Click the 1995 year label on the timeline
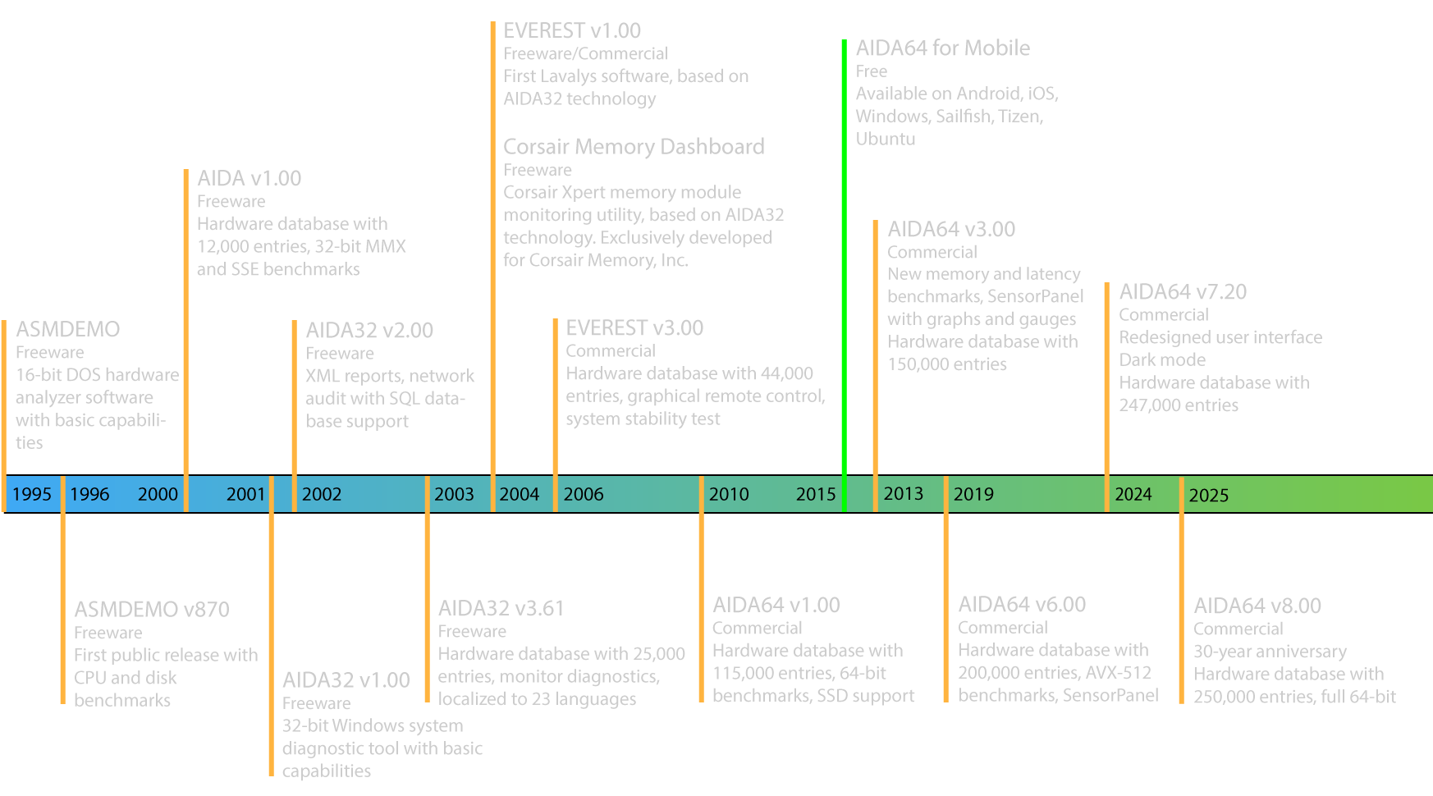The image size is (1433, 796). tap(32, 494)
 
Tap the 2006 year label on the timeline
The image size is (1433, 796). tap(584, 494)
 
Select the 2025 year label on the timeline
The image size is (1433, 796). tap(1209, 495)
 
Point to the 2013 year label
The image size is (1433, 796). tap(903, 493)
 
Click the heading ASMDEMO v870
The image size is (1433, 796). tap(152, 609)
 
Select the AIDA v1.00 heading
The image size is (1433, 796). tap(249, 178)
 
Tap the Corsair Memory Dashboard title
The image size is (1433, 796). tap(634, 146)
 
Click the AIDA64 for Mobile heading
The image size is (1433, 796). tap(942, 48)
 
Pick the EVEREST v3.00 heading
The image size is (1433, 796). tap(634, 328)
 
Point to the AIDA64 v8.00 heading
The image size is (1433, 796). tap(1257, 606)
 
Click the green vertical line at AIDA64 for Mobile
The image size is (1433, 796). tap(844, 246)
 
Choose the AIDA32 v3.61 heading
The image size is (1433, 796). tap(501, 608)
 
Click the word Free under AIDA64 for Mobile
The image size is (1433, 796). tap(872, 71)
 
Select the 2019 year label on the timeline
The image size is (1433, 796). tap(973, 494)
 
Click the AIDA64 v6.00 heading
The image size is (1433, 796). tap(1022, 605)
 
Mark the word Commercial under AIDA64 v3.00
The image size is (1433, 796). tap(932, 252)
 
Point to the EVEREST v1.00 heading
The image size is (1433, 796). tap(572, 31)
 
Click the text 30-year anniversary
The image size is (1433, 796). tap(1270, 651)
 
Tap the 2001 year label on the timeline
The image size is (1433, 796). tap(245, 494)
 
